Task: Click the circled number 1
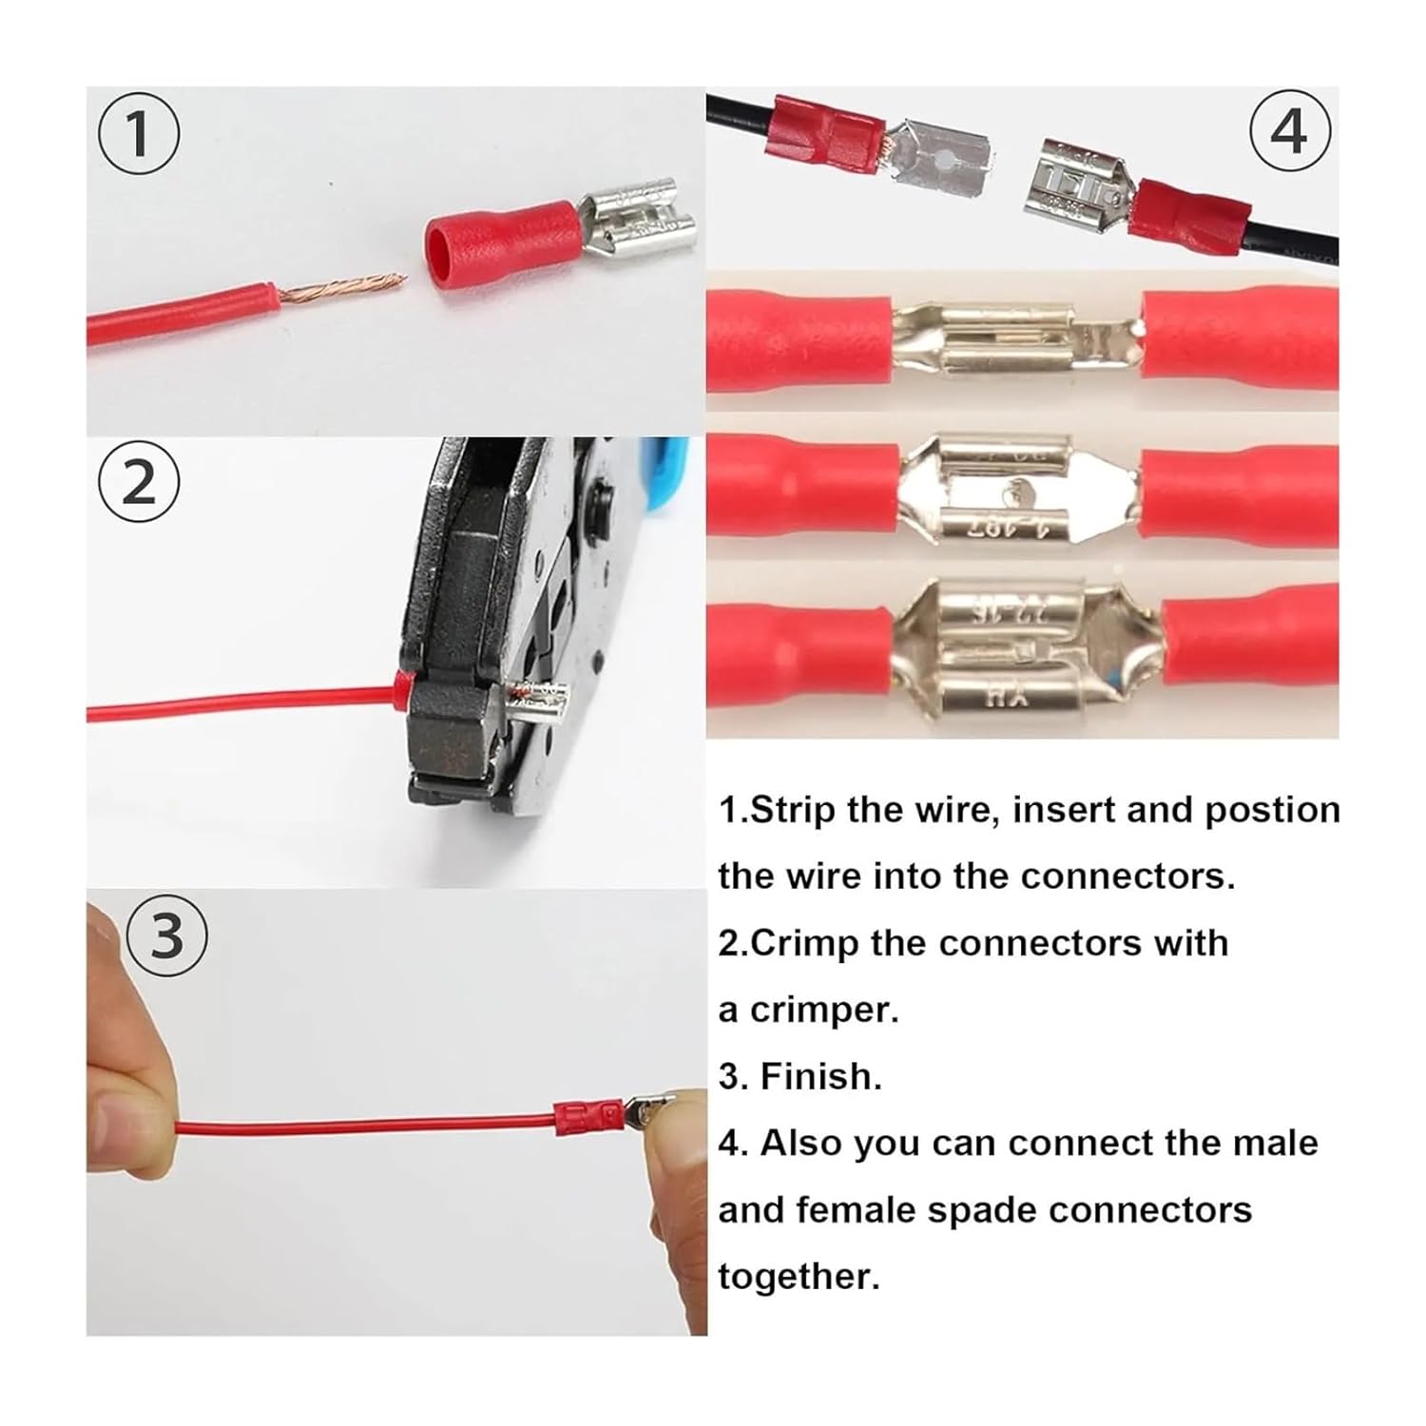[x=139, y=134]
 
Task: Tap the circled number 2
[x=139, y=483]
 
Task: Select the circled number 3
[x=166, y=935]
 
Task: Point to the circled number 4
[x=1288, y=130]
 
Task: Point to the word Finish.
[x=821, y=1076]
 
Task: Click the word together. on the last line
[x=800, y=1276]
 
